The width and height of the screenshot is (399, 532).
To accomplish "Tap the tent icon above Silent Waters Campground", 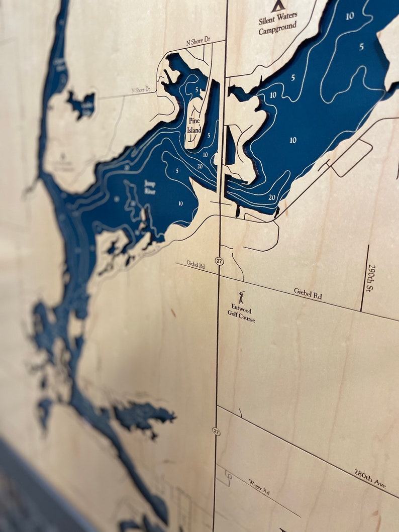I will [278, 6].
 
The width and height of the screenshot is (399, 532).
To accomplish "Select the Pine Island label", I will [194, 125].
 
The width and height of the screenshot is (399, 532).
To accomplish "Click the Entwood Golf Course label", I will [243, 312].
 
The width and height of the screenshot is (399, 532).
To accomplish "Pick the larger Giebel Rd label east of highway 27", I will [308, 294].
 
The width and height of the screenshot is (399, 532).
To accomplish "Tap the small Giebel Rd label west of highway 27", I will [195, 264].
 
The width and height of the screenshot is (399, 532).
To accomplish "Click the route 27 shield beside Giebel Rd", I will [219, 261].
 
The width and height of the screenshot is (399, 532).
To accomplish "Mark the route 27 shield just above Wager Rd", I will [216, 431].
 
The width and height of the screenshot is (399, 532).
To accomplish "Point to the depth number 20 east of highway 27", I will [272, 197].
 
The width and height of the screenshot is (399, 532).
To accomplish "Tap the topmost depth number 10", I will [350, 16].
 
